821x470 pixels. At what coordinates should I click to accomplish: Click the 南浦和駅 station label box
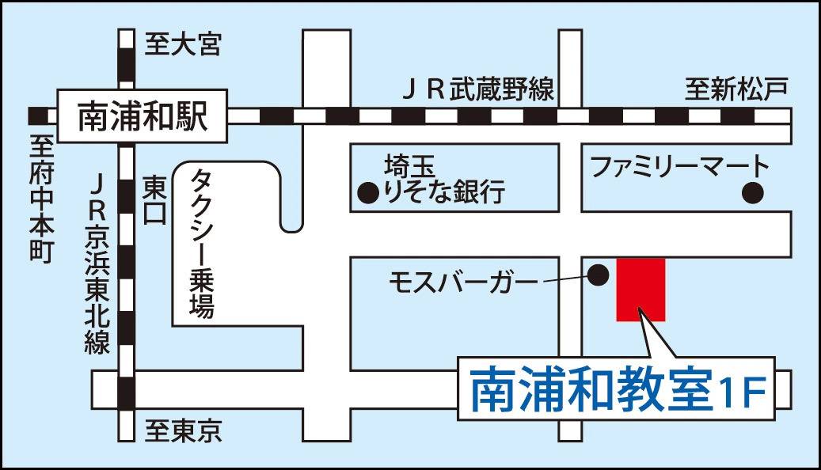tap(143, 116)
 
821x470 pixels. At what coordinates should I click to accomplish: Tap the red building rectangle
tap(640, 289)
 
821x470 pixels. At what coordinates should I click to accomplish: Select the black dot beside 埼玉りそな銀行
tap(367, 191)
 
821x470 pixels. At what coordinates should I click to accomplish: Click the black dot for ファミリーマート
tap(752, 191)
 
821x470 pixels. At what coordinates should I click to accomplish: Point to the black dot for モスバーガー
tap(599, 275)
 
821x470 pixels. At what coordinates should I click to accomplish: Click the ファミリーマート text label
tap(680, 167)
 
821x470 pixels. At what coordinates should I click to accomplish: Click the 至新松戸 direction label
tap(736, 89)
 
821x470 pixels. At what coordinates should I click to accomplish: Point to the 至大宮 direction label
tap(182, 44)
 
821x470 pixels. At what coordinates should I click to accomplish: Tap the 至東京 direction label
tap(183, 430)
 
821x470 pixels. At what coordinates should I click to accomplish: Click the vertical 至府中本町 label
tap(41, 198)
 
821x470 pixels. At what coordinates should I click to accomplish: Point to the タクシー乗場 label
tap(202, 241)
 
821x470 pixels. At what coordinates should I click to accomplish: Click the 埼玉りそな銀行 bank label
tap(443, 180)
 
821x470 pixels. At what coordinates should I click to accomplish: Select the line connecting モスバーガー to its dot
tap(563, 278)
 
